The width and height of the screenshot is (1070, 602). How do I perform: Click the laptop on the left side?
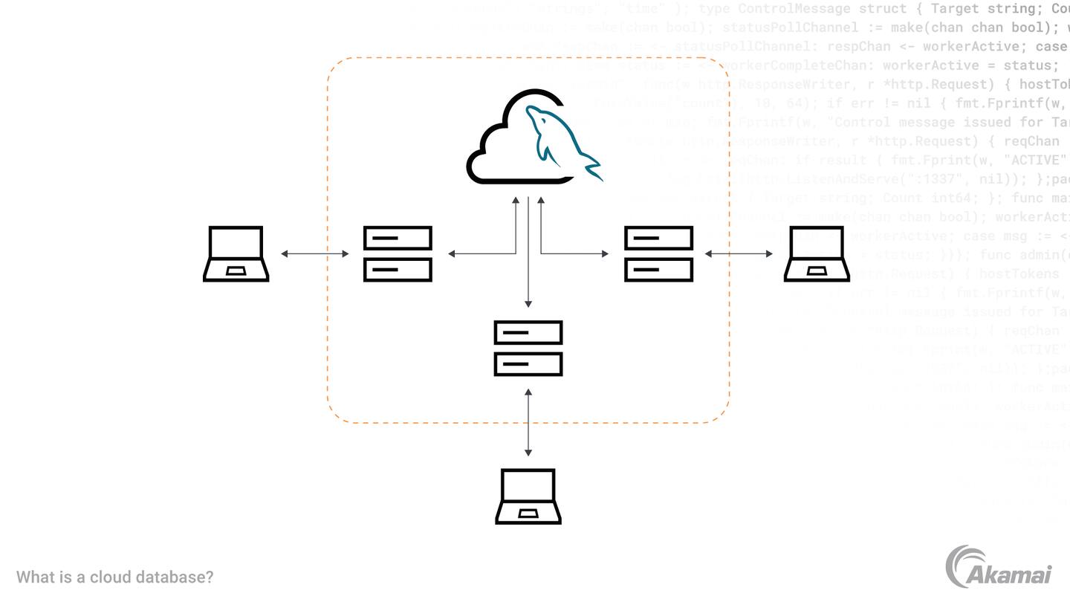[x=236, y=253]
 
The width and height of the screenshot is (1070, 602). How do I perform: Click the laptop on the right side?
[x=817, y=253]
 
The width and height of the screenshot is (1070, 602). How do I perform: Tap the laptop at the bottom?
[x=528, y=496]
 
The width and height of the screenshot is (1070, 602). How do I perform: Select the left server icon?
[x=398, y=253]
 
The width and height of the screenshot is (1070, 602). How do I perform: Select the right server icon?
[x=659, y=253]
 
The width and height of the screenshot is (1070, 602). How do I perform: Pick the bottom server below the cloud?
[x=528, y=348]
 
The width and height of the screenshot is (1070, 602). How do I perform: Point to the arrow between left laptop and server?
[x=315, y=253]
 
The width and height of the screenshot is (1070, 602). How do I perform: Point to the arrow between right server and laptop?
[x=739, y=253]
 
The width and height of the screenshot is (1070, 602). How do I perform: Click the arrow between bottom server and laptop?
[x=528, y=422]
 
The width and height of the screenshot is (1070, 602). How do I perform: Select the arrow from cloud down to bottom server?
[x=528, y=253]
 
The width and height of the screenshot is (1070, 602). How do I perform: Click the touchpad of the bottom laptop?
[x=528, y=514]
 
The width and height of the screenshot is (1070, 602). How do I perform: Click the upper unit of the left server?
[x=398, y=238]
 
